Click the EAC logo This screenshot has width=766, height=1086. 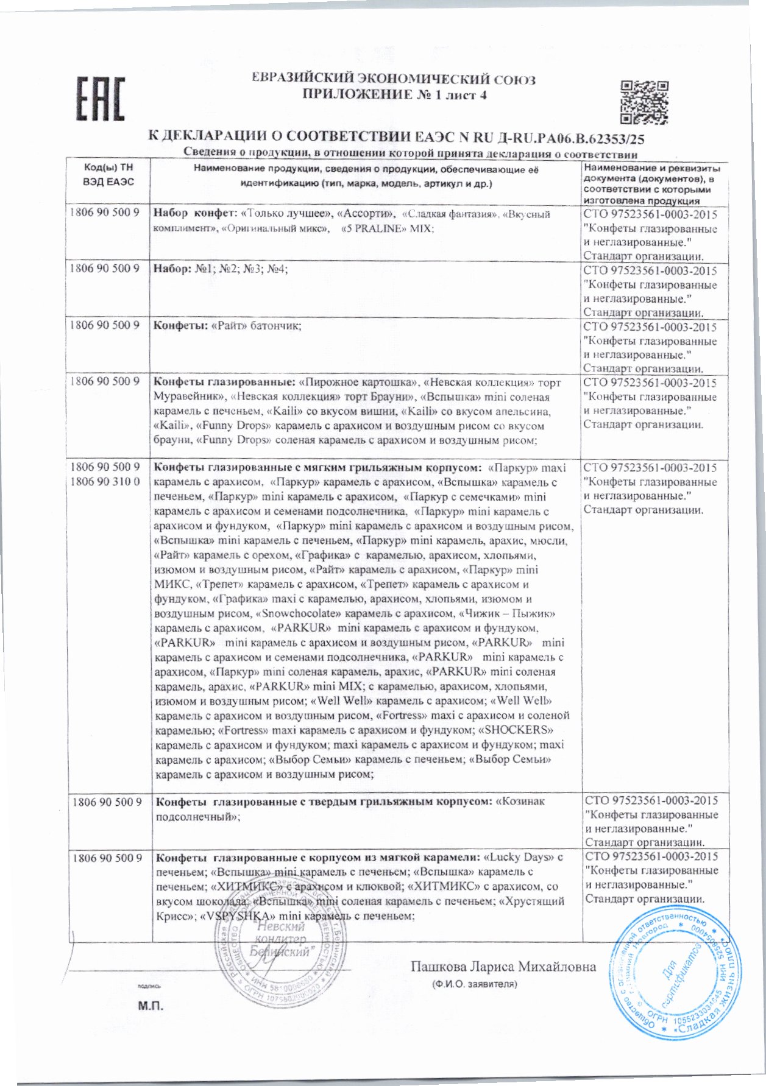tap(100, 97)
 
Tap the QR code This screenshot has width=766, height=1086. tap(645, 101)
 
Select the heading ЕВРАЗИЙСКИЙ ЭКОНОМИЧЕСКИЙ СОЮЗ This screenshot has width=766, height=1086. tap(394, 79)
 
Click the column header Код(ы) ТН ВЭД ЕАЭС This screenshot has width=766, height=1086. tap(108, 175)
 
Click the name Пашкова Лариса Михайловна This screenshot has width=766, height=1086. tap(503, 967)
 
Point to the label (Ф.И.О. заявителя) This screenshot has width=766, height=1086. tap(474, 984)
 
